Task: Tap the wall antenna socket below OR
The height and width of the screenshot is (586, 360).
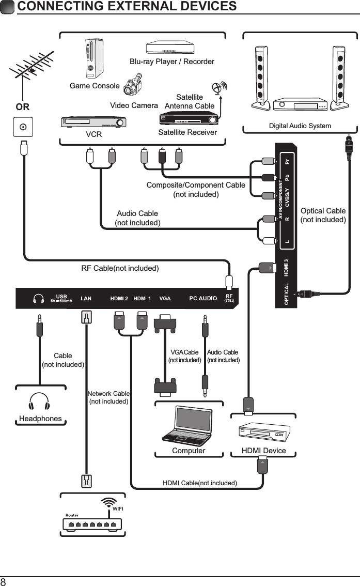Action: tap(23, 127)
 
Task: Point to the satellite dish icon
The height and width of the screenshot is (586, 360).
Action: tap(219, 88)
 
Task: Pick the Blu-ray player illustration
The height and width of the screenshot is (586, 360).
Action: tap(170, 48)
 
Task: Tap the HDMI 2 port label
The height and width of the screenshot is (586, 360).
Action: tap(119, 299)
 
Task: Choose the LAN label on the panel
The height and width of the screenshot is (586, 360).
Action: tap(86, 299)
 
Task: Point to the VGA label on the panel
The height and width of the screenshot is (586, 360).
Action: tap(165, 299)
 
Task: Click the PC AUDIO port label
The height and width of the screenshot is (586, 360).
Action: tap(203, 299)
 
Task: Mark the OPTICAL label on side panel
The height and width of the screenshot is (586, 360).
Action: tap(286, 294)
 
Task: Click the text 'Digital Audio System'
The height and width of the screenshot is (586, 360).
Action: tap(300, 126)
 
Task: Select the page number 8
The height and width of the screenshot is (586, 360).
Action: tap(4, 581)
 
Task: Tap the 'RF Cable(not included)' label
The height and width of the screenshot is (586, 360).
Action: tap(120, 268)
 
